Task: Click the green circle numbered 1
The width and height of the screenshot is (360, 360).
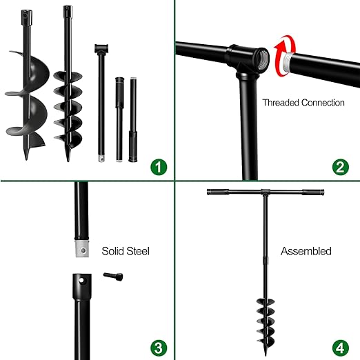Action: tap(159, 167)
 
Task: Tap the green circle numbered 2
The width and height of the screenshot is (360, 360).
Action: tap(339, 167)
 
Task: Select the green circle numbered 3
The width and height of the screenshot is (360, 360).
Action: tap(159, 346)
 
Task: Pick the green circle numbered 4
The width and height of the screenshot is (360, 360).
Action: tap(339, 346)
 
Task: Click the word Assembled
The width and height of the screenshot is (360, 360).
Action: tap(306, 252)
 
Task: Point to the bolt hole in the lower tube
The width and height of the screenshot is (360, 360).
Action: tap(80, 283)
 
